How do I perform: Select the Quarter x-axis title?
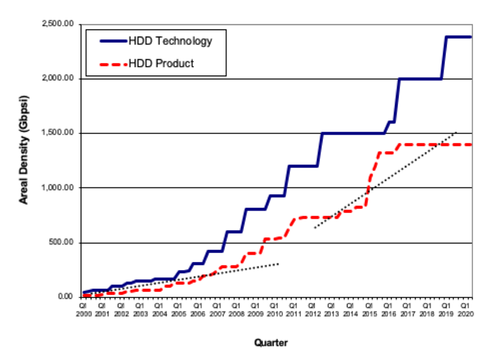(x=270, y=342)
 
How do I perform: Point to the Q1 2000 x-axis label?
(x=83, y=309)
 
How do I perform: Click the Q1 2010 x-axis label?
(x=274, y=309)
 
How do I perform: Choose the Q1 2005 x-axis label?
(x=179, y=309)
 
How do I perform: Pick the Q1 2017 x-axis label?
(x=407, y=309)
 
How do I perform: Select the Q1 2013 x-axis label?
(x=331, y=309)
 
